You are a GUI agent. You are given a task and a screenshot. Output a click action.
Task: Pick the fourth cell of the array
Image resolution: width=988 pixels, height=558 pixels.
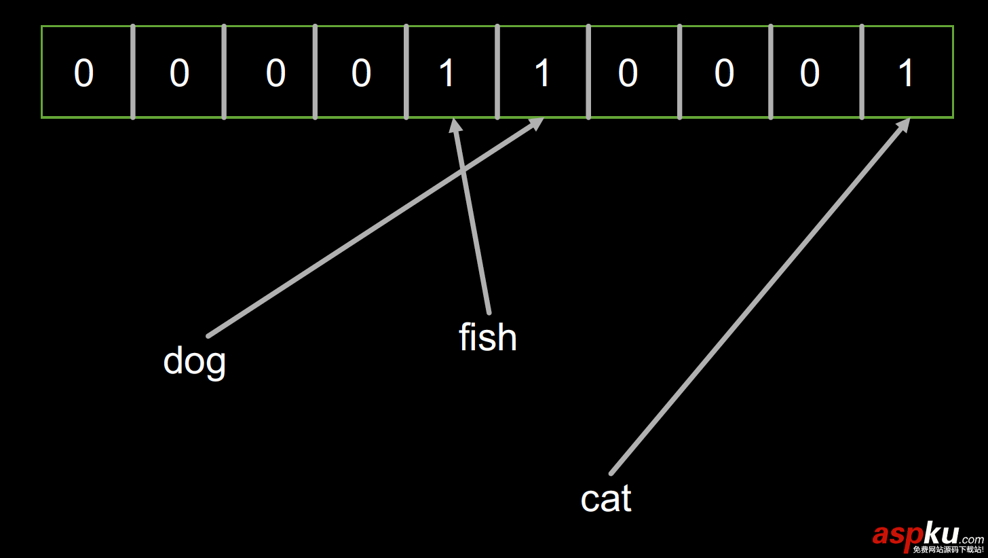(361, 72)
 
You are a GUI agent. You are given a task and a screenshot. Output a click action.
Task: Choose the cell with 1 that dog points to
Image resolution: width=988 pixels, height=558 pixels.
(542, 72)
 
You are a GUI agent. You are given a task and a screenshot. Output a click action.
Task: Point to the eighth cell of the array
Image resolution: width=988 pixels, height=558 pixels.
(725, 72)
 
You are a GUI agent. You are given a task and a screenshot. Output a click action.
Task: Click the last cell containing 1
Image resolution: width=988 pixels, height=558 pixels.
(907, 72)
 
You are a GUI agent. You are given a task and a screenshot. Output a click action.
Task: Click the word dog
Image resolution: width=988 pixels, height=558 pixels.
(194, 360)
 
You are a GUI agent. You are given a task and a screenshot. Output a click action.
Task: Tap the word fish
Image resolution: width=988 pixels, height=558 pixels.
(487, 337)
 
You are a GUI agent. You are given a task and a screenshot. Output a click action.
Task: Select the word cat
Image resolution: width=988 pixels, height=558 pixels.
(606, 499)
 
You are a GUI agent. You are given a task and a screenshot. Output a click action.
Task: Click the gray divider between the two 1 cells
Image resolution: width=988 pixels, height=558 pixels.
(497, 72)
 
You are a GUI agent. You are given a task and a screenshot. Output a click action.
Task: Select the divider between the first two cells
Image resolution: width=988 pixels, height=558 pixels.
(132, 72)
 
